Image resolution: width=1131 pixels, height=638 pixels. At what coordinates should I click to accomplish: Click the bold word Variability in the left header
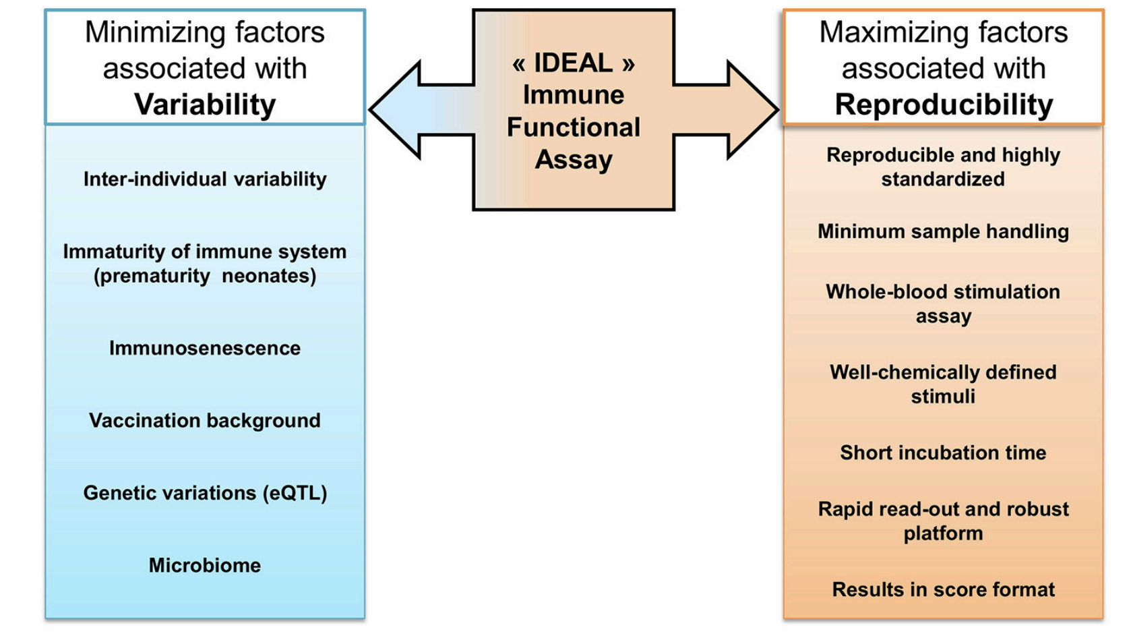tap(205, 105)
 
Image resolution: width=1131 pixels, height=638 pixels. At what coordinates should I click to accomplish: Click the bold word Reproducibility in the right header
tap(943, 105)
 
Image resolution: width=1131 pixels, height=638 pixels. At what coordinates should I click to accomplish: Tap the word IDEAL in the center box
tap(573, 63)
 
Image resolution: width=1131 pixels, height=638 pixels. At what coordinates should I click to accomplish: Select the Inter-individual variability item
tap(205, 179)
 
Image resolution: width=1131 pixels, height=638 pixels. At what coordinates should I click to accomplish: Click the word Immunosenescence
tap(205, 348)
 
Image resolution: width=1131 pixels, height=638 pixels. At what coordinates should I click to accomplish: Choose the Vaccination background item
tap(205, 421)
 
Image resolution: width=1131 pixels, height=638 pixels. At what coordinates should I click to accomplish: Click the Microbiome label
tap(205, 565)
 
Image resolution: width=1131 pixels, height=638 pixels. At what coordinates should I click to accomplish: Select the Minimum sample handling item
tap(943, 231)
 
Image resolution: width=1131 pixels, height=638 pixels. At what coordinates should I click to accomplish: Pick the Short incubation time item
tap(943, 453)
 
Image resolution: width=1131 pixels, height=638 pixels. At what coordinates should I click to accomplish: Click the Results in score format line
tap(943, 589)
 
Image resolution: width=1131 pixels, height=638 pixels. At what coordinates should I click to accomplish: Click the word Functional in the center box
tap(573, 127)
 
